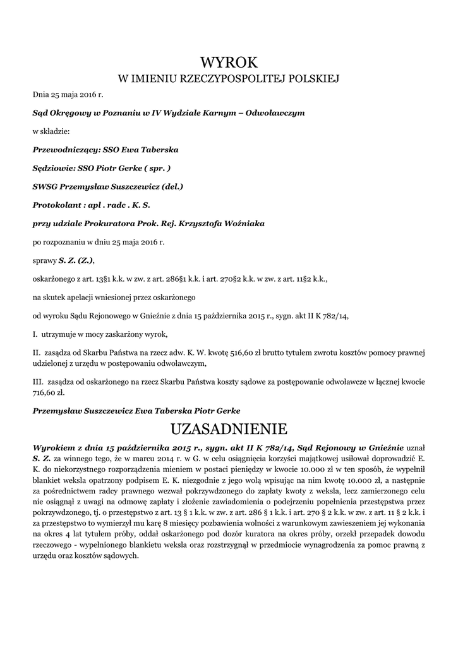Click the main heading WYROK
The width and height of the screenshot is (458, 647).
[x=229, y=62]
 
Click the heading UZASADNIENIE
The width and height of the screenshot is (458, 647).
[x=229, y=429]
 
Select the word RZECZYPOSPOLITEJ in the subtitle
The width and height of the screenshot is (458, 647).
[x=231, y=79]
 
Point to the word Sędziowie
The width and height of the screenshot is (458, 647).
[x=53, y=169]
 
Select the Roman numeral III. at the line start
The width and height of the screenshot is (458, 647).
[x=38, y=382]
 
